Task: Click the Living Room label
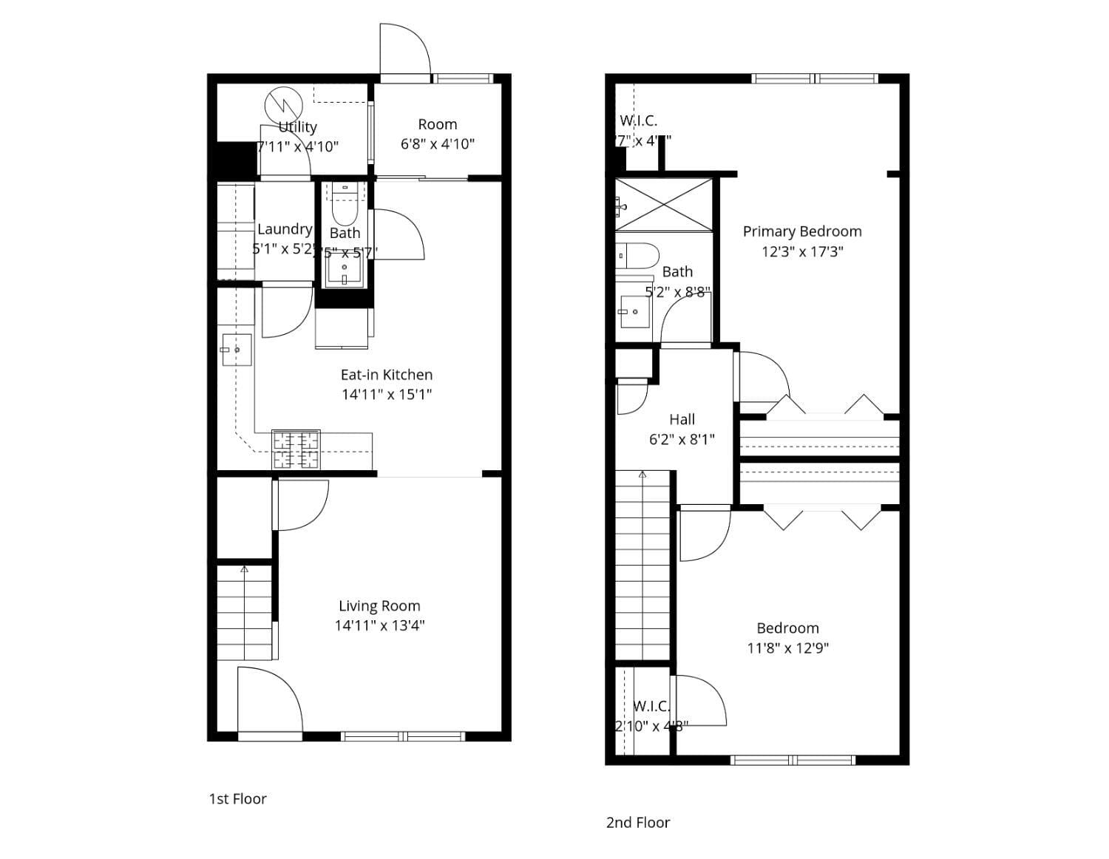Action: click(379, 606)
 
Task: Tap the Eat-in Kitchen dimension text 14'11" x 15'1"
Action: click(386, 395)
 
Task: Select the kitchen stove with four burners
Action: click(296, 449)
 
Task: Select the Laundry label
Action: click(284, 229)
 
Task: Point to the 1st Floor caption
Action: click(237, 799)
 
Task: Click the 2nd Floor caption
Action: click(638, 823)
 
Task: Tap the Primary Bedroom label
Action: click(802, 231)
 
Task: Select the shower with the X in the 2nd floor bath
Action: click(664, 205)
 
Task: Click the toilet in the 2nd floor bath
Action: click(637, 256)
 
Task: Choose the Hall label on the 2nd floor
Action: click(682, 420)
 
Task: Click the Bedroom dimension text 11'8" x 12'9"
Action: click(788, 648)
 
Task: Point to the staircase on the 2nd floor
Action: click(643, 566)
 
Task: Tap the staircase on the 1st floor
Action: click(245, 612)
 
